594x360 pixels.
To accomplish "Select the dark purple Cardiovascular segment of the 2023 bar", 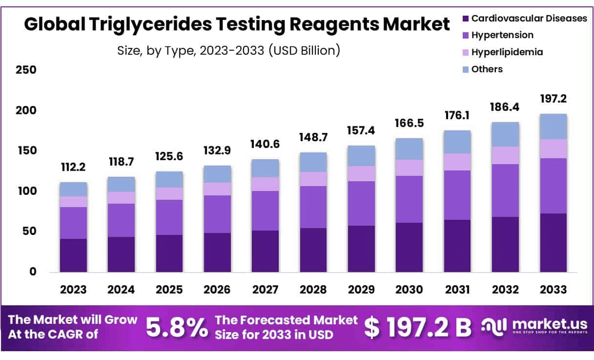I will pos(73,255).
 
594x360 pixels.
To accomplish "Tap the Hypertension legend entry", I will pos(502,35).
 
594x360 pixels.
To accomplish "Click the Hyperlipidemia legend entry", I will pos(507,52).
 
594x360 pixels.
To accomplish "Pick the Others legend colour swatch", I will pos(465,69).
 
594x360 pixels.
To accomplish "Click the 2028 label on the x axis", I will pos(313,289).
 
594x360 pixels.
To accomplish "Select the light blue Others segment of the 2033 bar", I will pos(553,127).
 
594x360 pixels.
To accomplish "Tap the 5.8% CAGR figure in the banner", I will pos(177,328).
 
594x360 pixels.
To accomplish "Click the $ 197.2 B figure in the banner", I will pos(418,328).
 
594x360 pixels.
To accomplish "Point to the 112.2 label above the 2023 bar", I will pos(73,168).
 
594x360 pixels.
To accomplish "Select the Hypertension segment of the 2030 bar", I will pos(409,199).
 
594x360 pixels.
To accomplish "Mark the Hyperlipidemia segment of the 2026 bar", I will pos(217,189).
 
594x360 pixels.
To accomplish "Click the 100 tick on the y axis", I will pos(27,191).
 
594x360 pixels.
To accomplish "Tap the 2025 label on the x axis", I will pos(169,289).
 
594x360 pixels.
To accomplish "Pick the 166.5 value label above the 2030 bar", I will pos(409,124).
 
